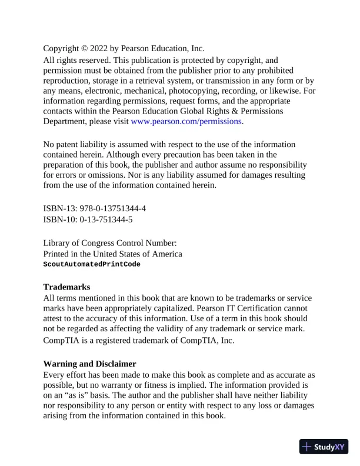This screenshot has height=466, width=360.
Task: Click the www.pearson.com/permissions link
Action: coord(186,122)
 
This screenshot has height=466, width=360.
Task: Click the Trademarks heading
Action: coord(66,287)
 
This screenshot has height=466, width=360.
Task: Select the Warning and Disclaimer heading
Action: coord(90,364)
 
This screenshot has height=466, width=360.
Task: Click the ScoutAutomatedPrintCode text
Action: coord(92,264)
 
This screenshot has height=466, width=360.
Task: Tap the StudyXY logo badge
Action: coord(324,447)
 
